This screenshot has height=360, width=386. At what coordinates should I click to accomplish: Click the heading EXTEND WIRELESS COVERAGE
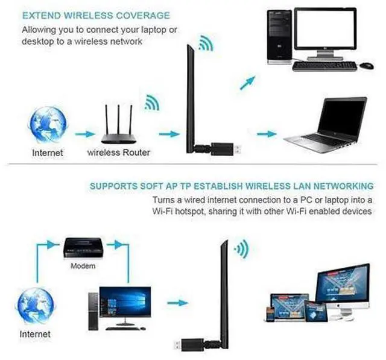coord(96,15)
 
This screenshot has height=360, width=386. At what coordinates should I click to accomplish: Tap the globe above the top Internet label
coord(48,124)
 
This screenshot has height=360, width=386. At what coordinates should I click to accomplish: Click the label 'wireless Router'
coord(119,153)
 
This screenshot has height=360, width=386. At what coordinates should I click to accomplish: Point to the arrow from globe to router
coord(85,134)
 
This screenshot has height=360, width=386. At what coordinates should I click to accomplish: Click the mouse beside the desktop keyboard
coord(367,65)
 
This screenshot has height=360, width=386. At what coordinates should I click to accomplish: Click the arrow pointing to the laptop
coord(266,134)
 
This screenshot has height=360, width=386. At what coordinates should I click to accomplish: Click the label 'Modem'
coord(83,265)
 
